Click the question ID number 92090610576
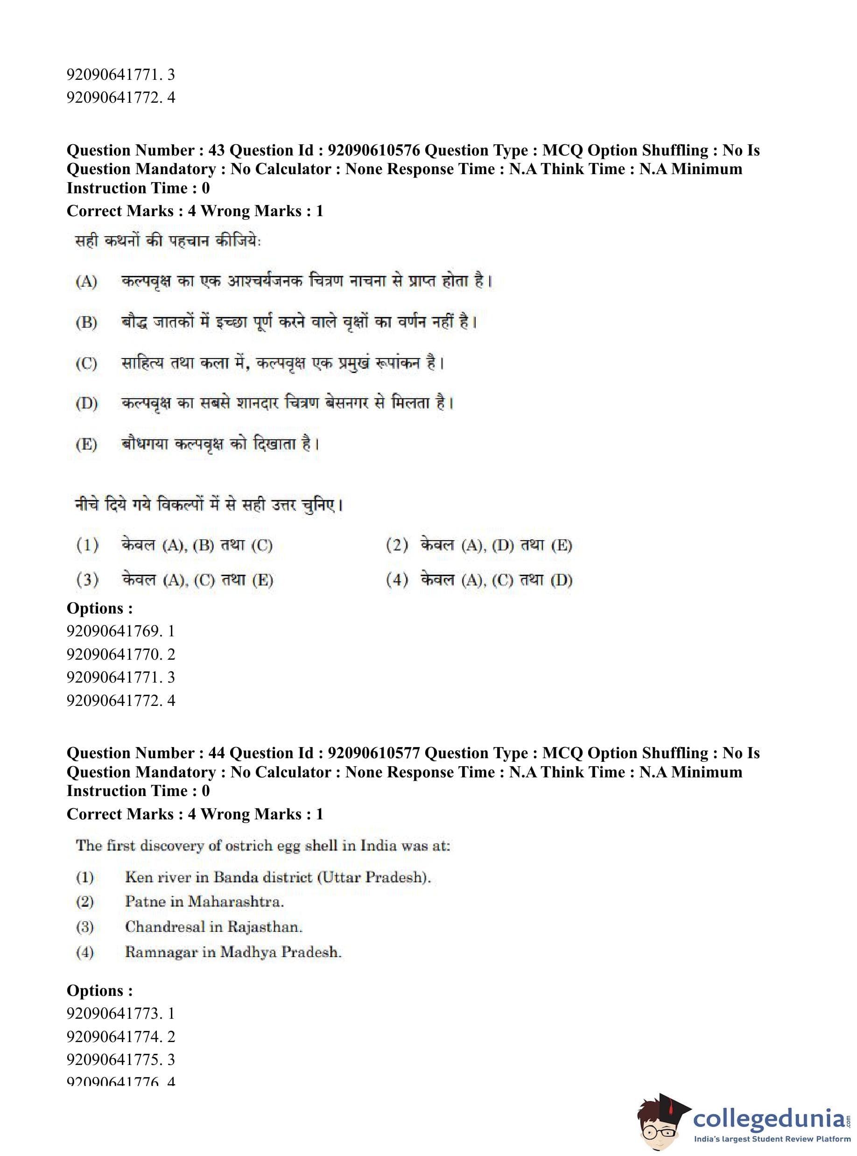pos(373,150)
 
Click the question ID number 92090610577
pos(373,753)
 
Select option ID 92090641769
pos(113,631)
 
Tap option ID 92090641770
pos(113,654)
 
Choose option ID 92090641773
pos(113,1013)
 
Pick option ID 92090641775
pos(113,1059)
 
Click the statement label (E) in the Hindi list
pos(86,444)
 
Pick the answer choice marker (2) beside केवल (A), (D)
pos(397,545)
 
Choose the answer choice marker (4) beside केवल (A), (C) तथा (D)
pos(397,579)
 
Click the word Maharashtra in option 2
pos(236,901)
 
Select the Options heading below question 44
pos(99,990)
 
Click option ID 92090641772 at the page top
pos(113,98)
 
